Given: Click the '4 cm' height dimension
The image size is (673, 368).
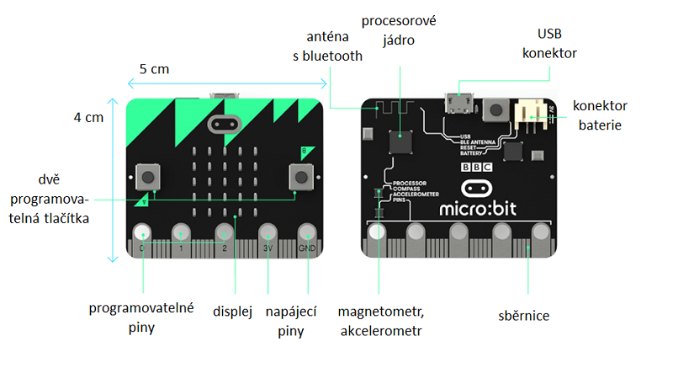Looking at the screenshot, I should click(x=87, y=118).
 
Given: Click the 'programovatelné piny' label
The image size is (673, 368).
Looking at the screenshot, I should click(x=141, y=317).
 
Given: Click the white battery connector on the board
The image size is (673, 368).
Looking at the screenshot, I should click(x=527, y=114).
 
